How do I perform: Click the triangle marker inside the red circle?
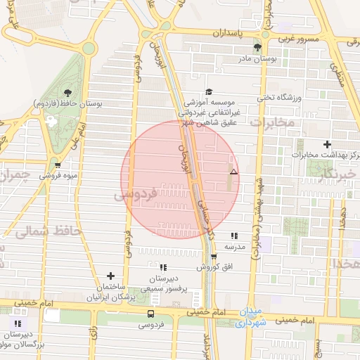pyautogui.click(x=233, y=172)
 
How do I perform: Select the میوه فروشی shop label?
pyautogui.click(x=57, y=175)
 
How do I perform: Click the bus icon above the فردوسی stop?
pyautogui.click(x=150, y=314)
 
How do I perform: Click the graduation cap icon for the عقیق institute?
pyautogui.click(x=208, y=91)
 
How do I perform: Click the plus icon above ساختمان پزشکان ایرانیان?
pyautogui.click(x=110, y=276)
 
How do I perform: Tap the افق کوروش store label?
pyautogui.click(x=213, y=268)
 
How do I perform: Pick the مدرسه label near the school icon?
pyautogui.click(x=234, y=247)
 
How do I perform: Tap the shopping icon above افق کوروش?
pyautogui.click(x=213, y=256)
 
